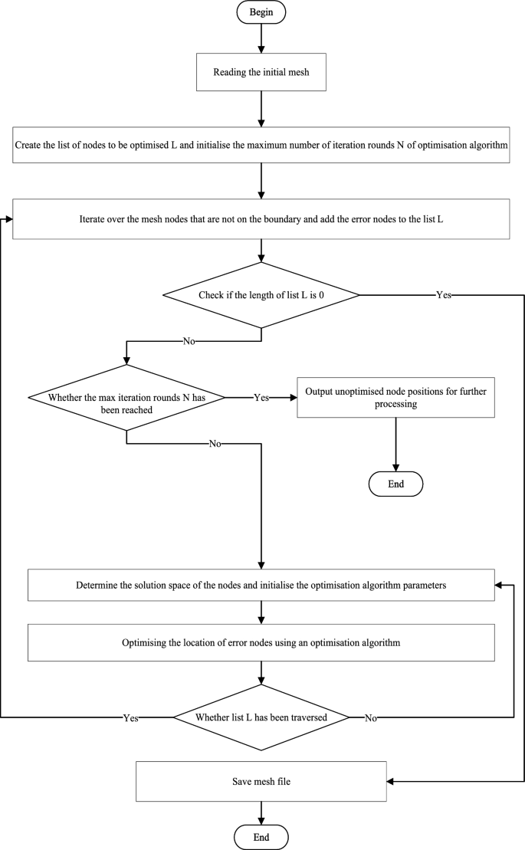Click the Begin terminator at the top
[x=261, y=12]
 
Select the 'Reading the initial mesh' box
[x=261, y=74]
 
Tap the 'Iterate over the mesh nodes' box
[x=261, y=218]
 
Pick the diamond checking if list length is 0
[x=261, y=294]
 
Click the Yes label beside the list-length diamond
[x=443, y=294]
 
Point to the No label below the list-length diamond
[x=188, y=342]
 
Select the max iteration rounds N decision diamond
[x=126, y=398]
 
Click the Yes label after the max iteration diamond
[x=261, y=398]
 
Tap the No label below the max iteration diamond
[x=215, y=444]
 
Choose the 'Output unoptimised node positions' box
[x=395, y=397]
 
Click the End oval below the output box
[x=395, y=484]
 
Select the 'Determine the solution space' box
[x=261, y=585]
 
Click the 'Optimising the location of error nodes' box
[x=261, y=642]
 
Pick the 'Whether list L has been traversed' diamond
[x=261, y=717]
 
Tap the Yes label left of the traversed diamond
[x=130, y=717]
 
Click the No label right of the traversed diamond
[x=371, y=717]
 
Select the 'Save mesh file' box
[x=261, y=781]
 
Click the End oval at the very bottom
[x=261, y=836]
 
